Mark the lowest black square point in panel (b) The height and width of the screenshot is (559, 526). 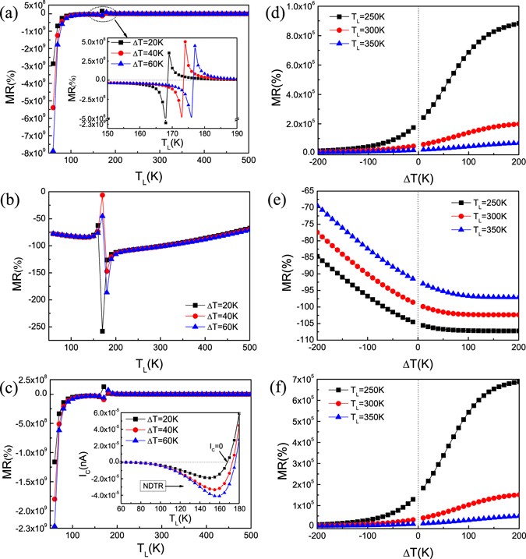click(102, 331)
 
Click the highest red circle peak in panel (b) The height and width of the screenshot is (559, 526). click(102, 195)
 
